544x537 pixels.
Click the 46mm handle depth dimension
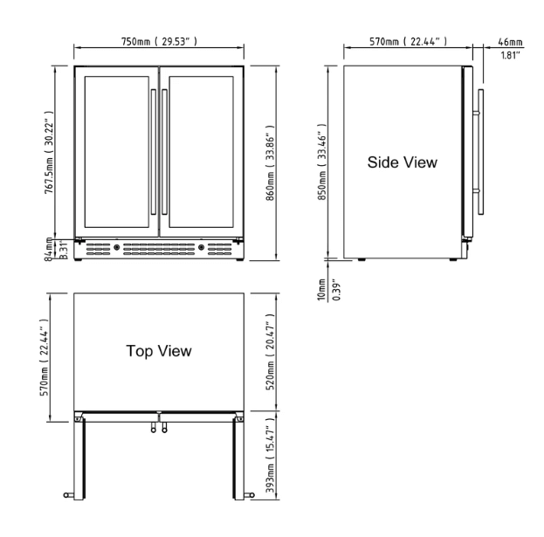pyautogui.click(x=510, y=41)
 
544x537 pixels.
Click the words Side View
pyautogui.click(x=402, y=162)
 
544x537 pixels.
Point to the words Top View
pyautogui.click(x=159, y=350)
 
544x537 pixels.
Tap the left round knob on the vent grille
pyautogui.click(x=117, y=247)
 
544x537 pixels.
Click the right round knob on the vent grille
pyautogui.click(x=201, y=247)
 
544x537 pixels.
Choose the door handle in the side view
pyautogui.click(x=479, y=152)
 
